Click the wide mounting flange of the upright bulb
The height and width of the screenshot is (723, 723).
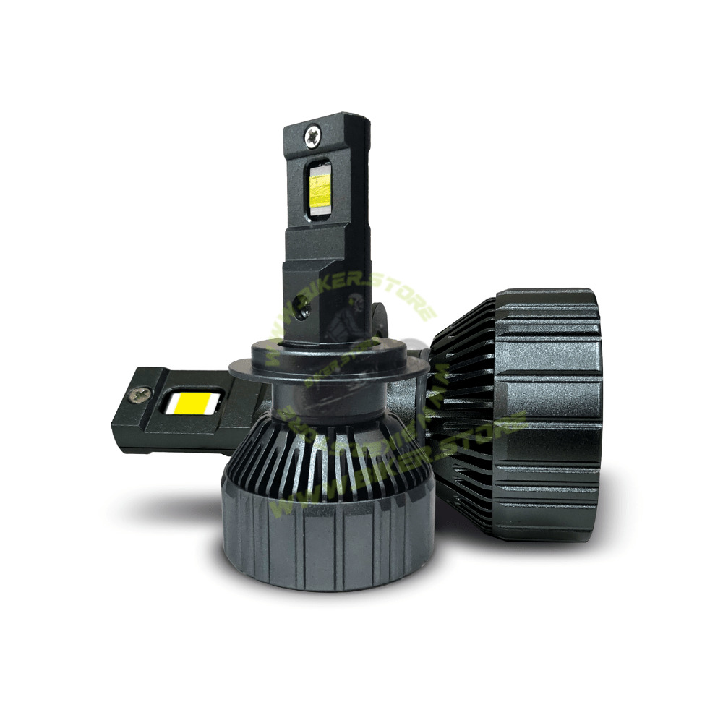(x=318, y=369)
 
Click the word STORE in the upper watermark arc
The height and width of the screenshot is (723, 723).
(x=412, y=304)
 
